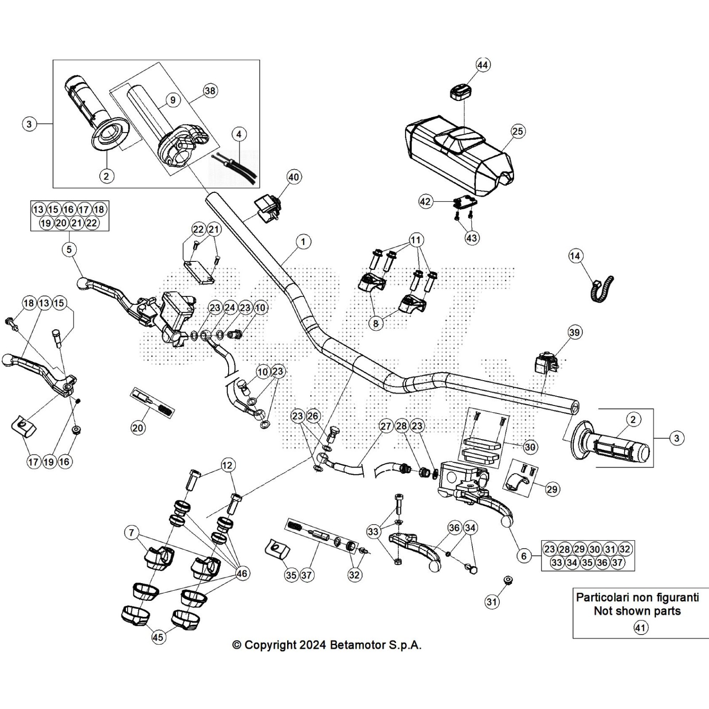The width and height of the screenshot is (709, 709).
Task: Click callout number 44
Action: coord(483,65)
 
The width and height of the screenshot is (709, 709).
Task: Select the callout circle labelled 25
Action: coord(518,131)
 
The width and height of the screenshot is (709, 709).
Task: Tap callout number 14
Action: coord(575,256)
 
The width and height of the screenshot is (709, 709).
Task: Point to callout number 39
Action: coord(574,332)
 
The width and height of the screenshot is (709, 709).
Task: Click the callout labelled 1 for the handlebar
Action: coord(303,242)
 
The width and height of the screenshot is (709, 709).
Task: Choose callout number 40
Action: coord(294,177)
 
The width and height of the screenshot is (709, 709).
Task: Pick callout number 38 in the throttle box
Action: coord(210,91)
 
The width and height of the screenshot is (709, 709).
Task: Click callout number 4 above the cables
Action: coord(239,134)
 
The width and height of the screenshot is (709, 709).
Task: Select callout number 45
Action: coord(158,637)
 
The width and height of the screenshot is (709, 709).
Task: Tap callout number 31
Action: coord(492,602)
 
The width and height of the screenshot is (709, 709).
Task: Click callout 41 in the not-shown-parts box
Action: coord(640,627)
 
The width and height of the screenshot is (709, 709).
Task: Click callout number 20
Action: coord(138,428)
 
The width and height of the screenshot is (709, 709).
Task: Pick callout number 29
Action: coord(552,489)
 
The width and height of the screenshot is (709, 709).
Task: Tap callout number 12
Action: coord(227,465)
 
